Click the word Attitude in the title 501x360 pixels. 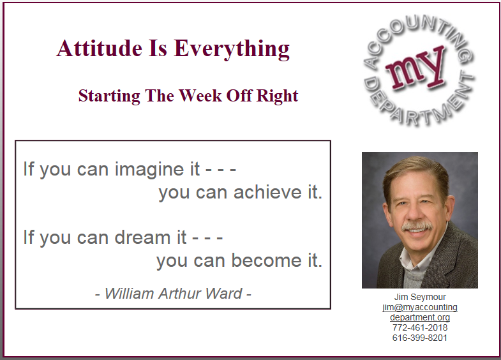tap(100, 49)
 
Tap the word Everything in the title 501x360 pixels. tap(232, 50)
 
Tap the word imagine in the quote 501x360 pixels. tap(157, 169)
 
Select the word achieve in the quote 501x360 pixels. tap(267, 192)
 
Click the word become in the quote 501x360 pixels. tap(267, 260)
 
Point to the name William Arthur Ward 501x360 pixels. tap(174, 294)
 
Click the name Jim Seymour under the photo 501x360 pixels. tap(420, 297)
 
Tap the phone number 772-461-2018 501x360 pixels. tap(420, 327)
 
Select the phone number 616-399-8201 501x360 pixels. tap(420, 338)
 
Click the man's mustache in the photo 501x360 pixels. tap(417, 227)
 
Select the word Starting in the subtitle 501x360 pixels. tap(109, 96)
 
